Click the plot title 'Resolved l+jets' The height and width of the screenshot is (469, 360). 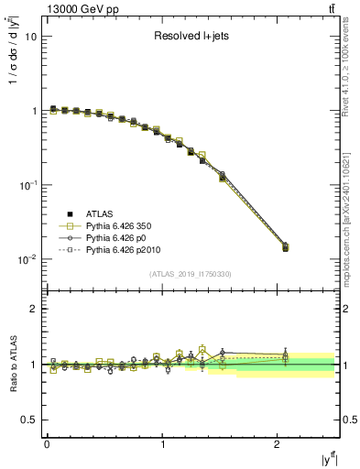190,37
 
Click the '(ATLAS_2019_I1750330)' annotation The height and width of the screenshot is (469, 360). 190,274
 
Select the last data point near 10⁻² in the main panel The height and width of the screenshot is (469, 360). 285,247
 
